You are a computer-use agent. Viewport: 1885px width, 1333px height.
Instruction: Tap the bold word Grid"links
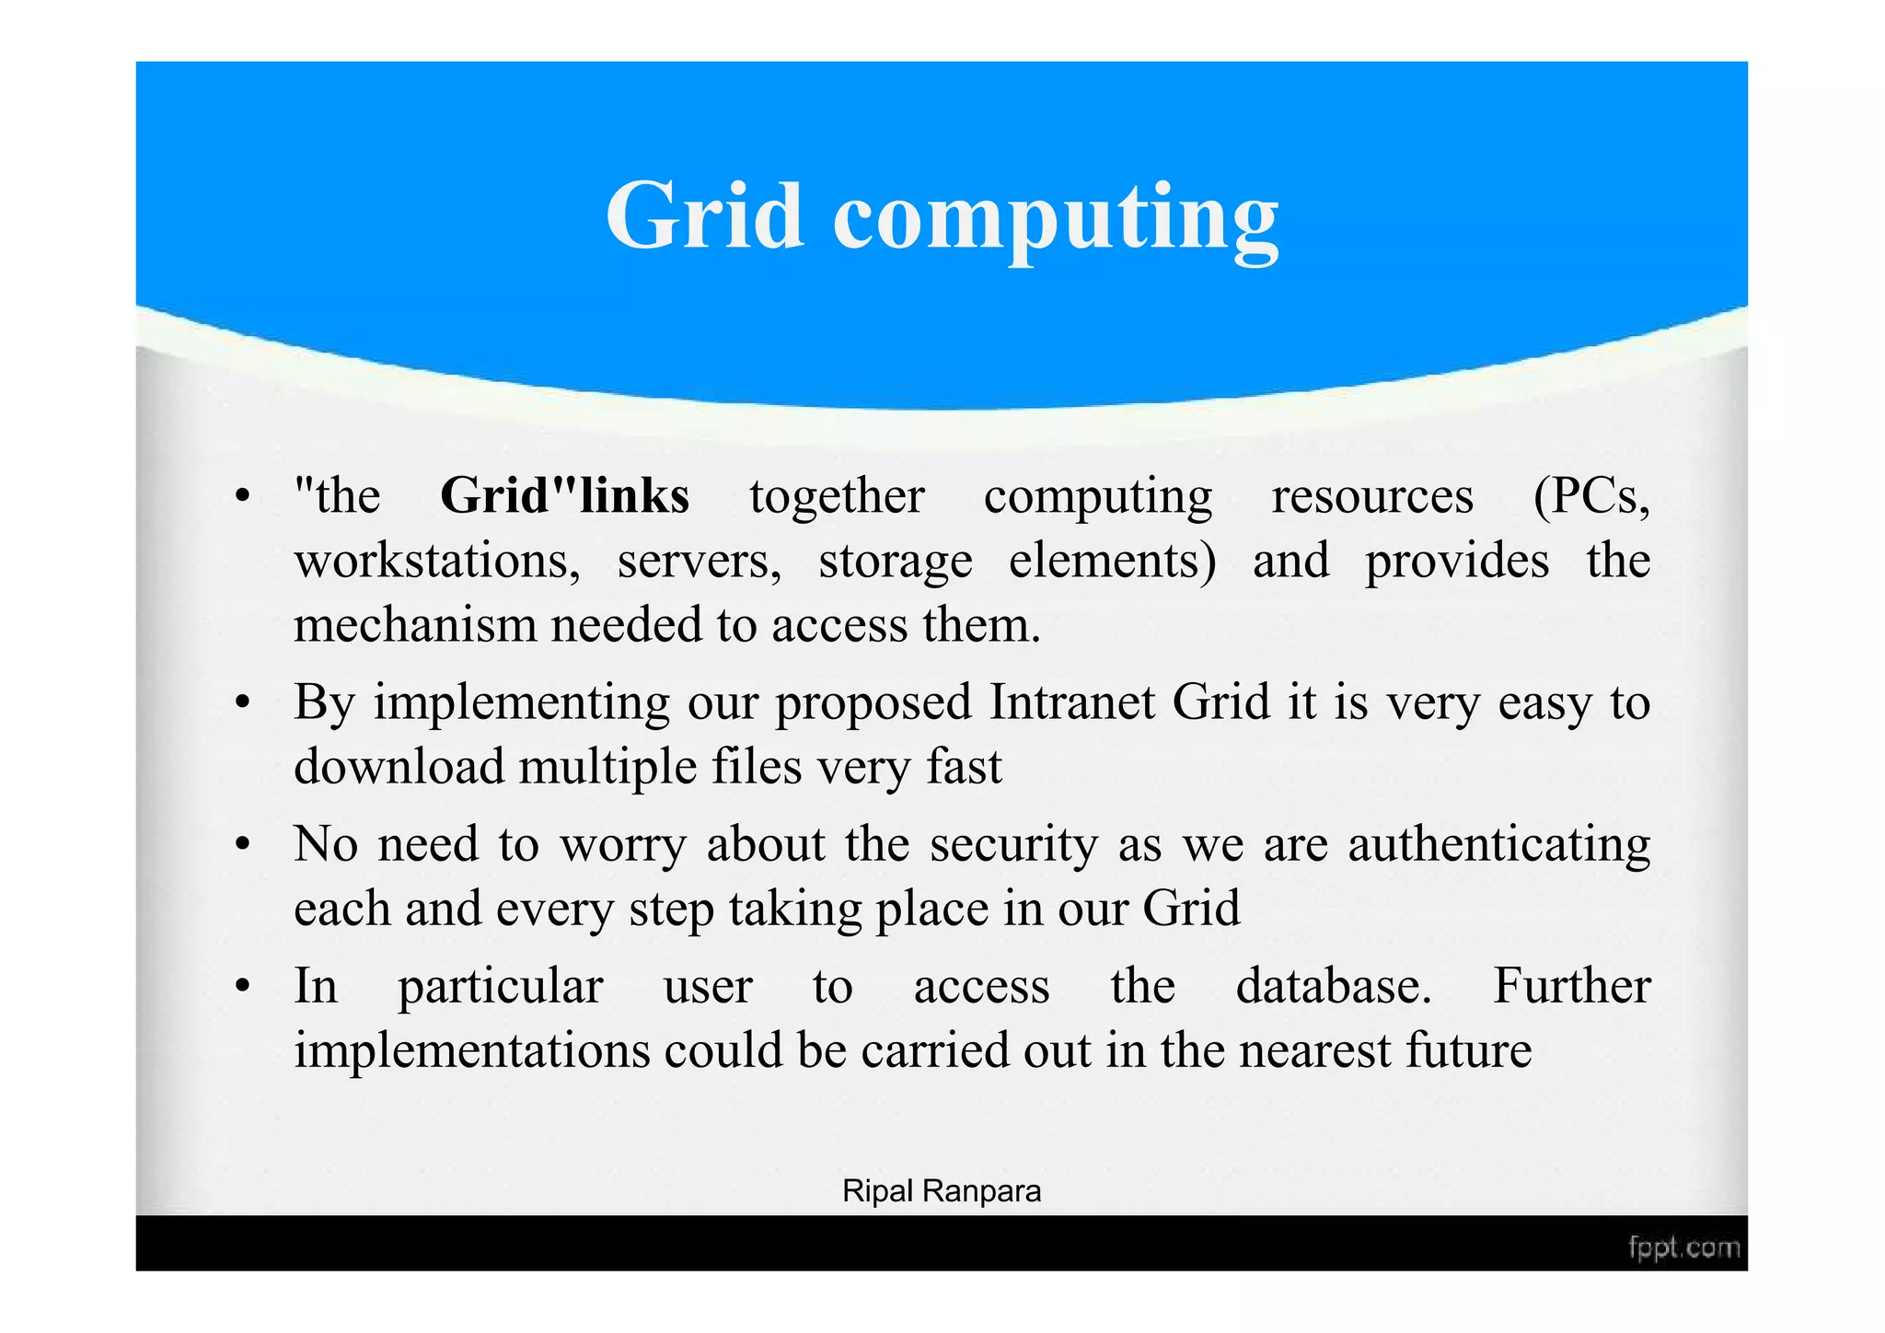click(564, 496)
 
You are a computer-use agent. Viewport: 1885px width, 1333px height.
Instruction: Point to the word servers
click(699, 561)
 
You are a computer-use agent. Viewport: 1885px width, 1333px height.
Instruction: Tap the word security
click(1013, 844)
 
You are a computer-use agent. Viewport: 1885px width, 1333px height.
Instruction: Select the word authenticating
click(1498, 844)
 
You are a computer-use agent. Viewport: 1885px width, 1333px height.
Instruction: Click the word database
click(1334, 986)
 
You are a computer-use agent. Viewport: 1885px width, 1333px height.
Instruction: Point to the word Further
click(1571, 986)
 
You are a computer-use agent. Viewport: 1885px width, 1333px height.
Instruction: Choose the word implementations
click(471, 1050)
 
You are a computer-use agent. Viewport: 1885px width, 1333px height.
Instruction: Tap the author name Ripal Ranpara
click(942, 1191)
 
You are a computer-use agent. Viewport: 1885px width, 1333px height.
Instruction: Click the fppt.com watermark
click(1683, 1248)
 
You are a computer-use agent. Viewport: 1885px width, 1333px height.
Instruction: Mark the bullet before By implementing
click(242, 704)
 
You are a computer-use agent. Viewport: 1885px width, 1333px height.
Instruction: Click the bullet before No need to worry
click(242, 845)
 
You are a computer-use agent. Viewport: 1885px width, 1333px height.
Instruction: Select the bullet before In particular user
click(242, 987)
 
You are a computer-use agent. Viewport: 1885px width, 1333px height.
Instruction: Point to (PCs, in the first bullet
click(1590, 498)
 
